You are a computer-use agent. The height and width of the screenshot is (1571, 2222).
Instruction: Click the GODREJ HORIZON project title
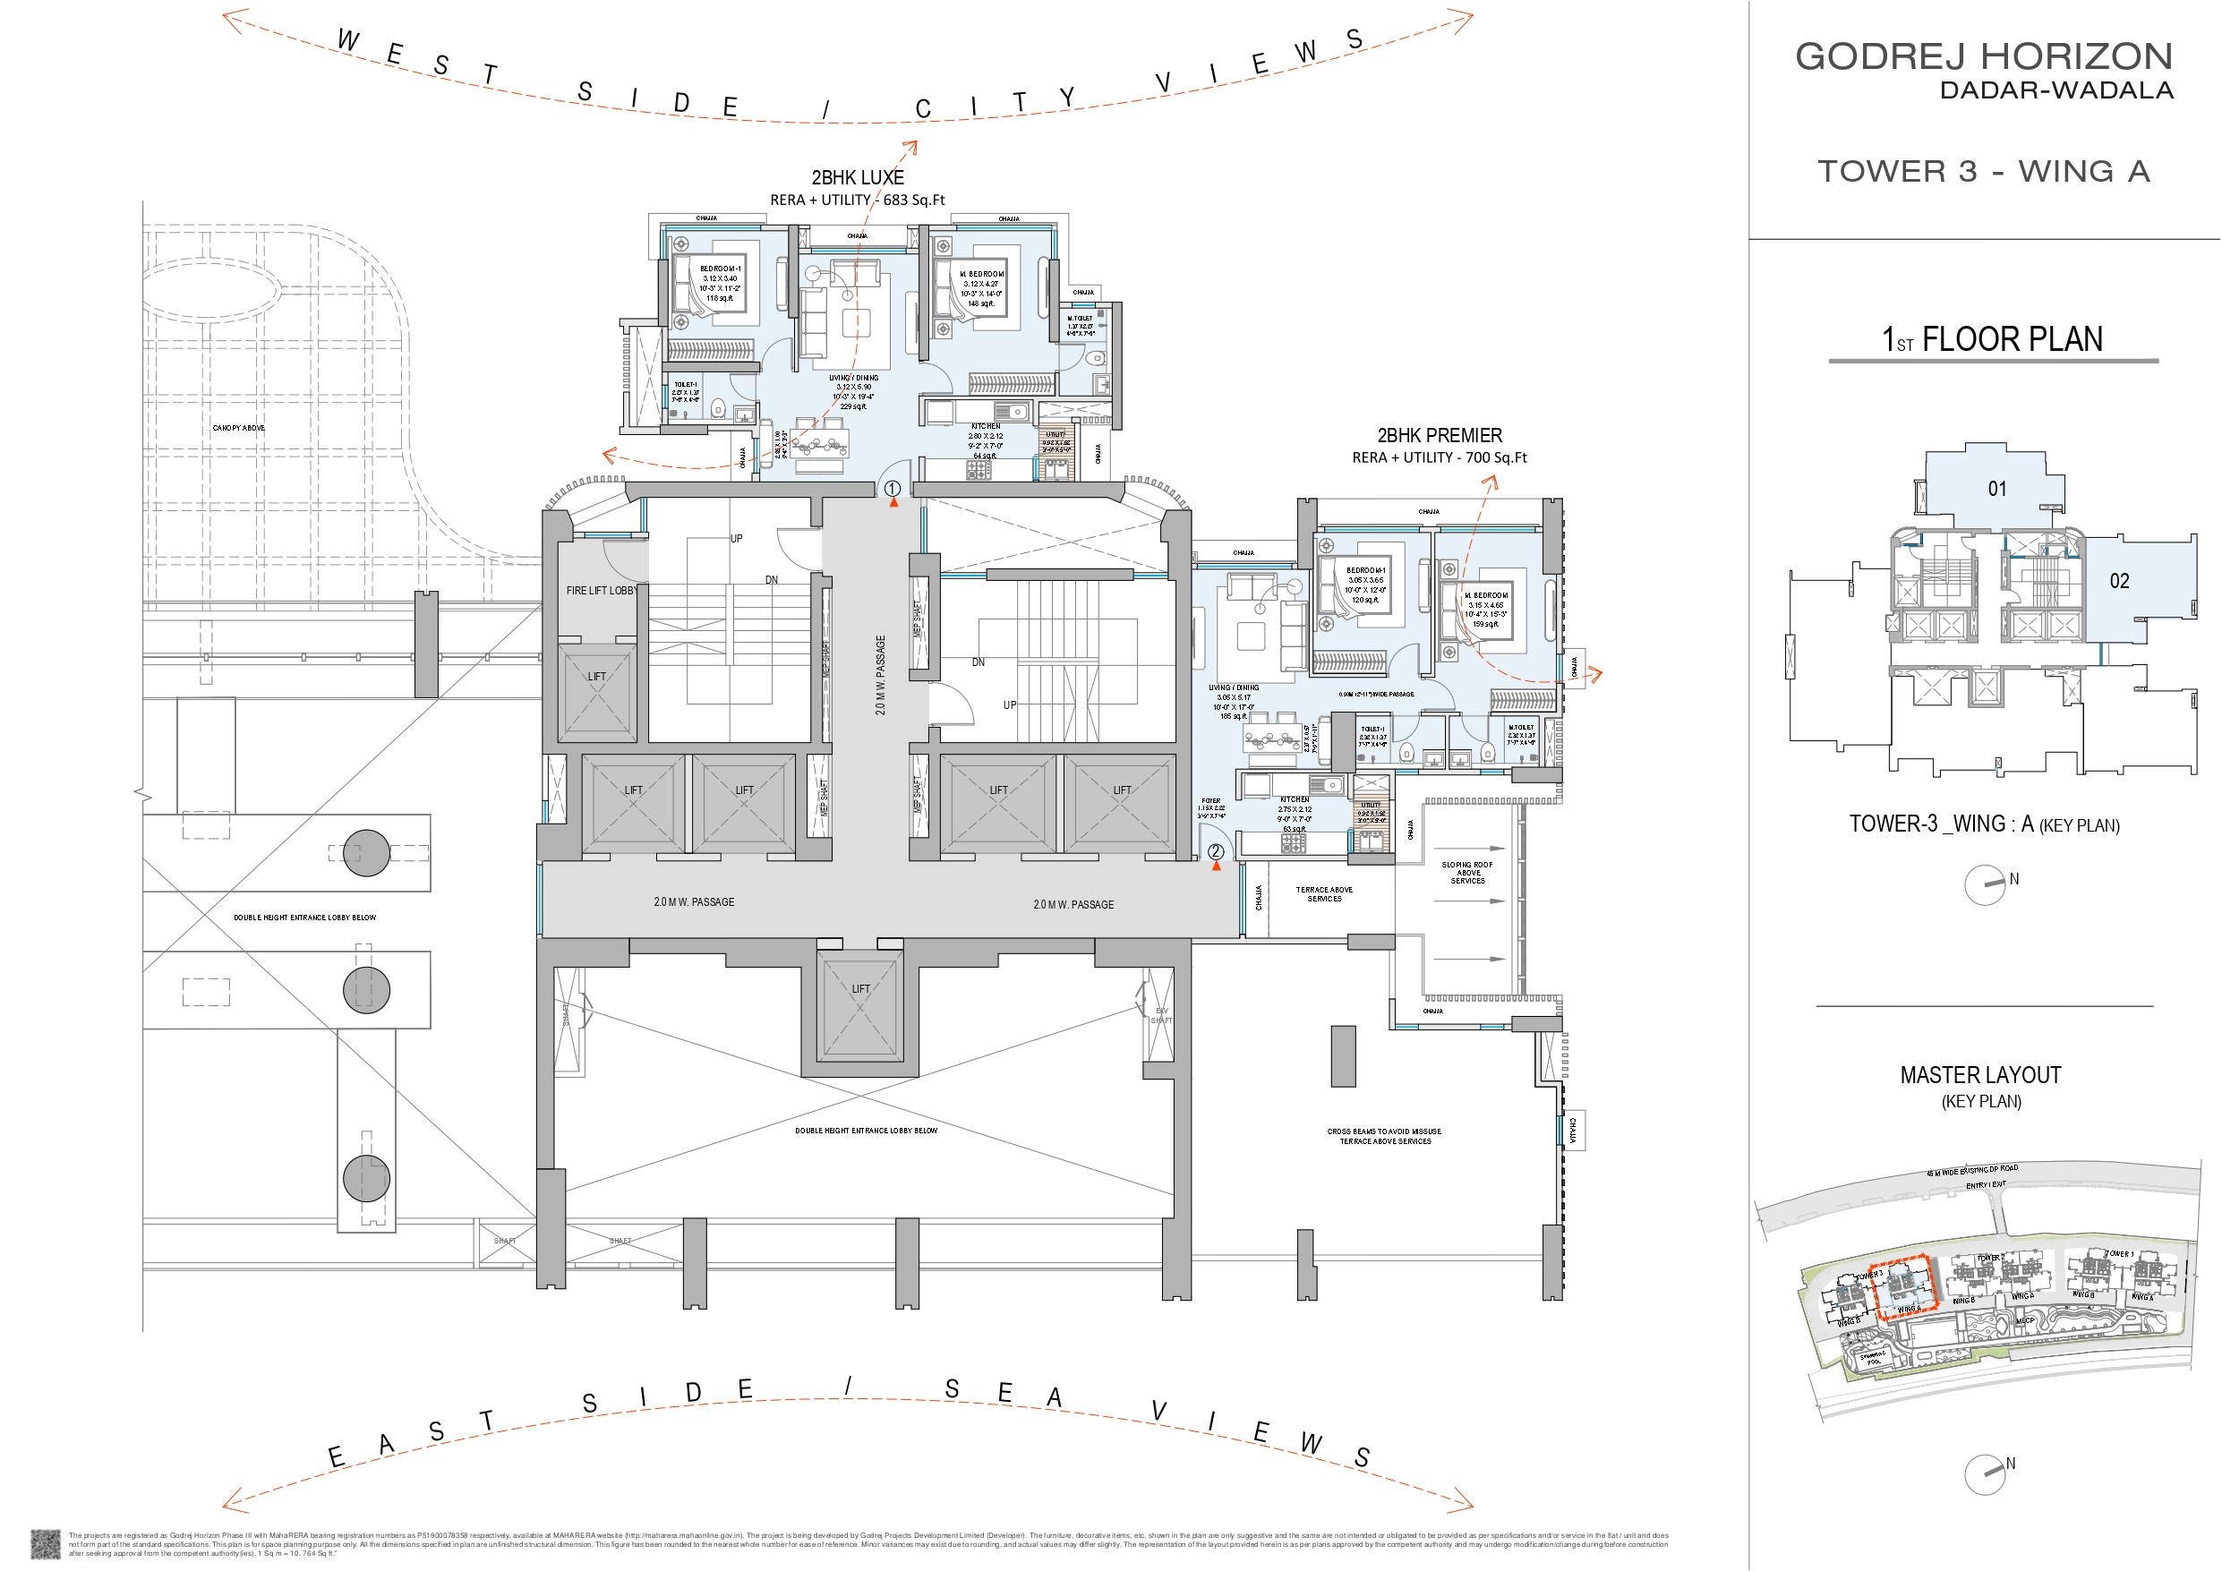[x=1984, y=56]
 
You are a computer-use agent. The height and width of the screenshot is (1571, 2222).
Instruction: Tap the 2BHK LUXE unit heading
[x=858, y=177]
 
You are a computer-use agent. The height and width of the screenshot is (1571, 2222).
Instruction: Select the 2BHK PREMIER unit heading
[x=1439, y=436]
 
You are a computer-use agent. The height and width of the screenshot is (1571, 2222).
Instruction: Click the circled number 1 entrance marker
[x=893, y=489]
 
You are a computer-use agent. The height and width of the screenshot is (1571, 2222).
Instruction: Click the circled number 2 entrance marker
[x=1216, y=852]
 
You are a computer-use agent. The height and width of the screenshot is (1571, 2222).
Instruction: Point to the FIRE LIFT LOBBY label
[x=601, y=591]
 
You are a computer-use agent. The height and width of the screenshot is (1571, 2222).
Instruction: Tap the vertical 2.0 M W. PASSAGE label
[x=880, y=675]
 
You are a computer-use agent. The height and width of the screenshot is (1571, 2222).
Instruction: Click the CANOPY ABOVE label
[x=238, y=428]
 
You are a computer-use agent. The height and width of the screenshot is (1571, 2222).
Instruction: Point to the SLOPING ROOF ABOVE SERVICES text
[x=1467, y=872]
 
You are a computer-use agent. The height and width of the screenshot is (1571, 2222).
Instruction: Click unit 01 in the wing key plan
[x=1996, y=489]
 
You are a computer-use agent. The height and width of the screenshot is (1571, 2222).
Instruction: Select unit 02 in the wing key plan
[x=2118, y=581]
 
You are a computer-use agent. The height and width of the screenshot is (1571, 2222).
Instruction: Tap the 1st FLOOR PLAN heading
[x=1993, y=340]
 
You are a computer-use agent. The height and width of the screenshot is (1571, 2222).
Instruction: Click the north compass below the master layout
[x=1985, y=1474]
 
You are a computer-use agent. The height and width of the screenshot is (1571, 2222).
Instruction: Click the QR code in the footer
[x=45, y=1544]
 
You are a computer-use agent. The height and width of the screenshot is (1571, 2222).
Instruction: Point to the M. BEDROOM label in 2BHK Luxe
[x=981, y=274]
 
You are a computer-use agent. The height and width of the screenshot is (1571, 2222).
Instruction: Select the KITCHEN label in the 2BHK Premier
[x=1294, y=799]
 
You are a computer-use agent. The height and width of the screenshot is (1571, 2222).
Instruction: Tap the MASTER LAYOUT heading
[x=1980, y=1075]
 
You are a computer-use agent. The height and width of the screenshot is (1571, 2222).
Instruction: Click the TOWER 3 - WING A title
[x=1983, y=171]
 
